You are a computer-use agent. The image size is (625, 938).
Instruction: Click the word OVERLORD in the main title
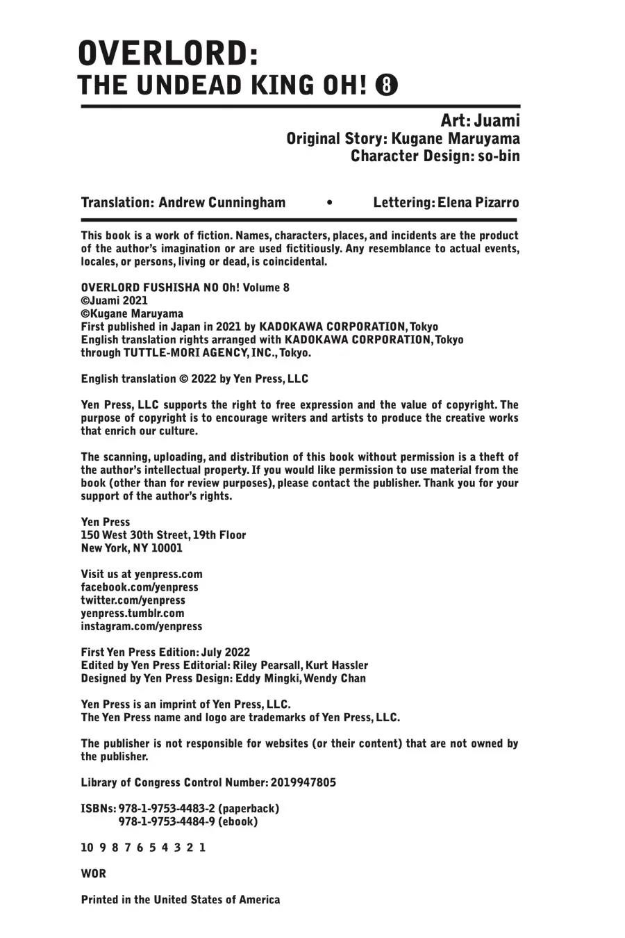(162, 53)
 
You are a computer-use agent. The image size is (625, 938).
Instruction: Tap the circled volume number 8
(387, 85)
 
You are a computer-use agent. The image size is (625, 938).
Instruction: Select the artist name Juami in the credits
(497, 120)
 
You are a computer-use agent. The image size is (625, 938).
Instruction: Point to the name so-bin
(497, 156)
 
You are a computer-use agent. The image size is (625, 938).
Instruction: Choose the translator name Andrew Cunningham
(222, 202)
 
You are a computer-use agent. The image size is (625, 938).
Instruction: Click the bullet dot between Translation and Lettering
(329, 203)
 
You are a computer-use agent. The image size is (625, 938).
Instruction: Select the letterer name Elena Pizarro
(478, 202)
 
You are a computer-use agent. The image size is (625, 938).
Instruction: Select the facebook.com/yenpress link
(140, 587)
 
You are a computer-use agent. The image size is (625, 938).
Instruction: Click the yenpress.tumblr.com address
(133, 613)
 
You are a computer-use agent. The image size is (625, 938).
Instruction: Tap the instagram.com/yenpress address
(142, 626)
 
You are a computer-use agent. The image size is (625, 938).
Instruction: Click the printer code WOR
(94, 873)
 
